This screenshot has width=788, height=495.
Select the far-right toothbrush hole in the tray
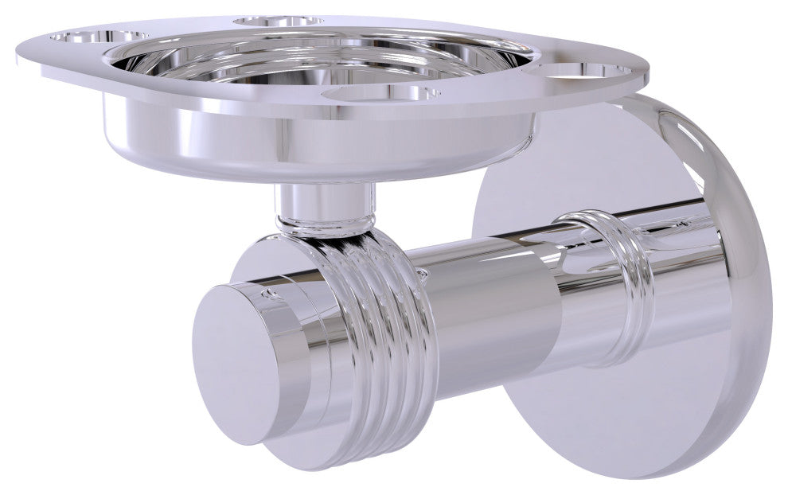click(589, 71)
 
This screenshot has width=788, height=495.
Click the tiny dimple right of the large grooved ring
click(421, 273)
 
